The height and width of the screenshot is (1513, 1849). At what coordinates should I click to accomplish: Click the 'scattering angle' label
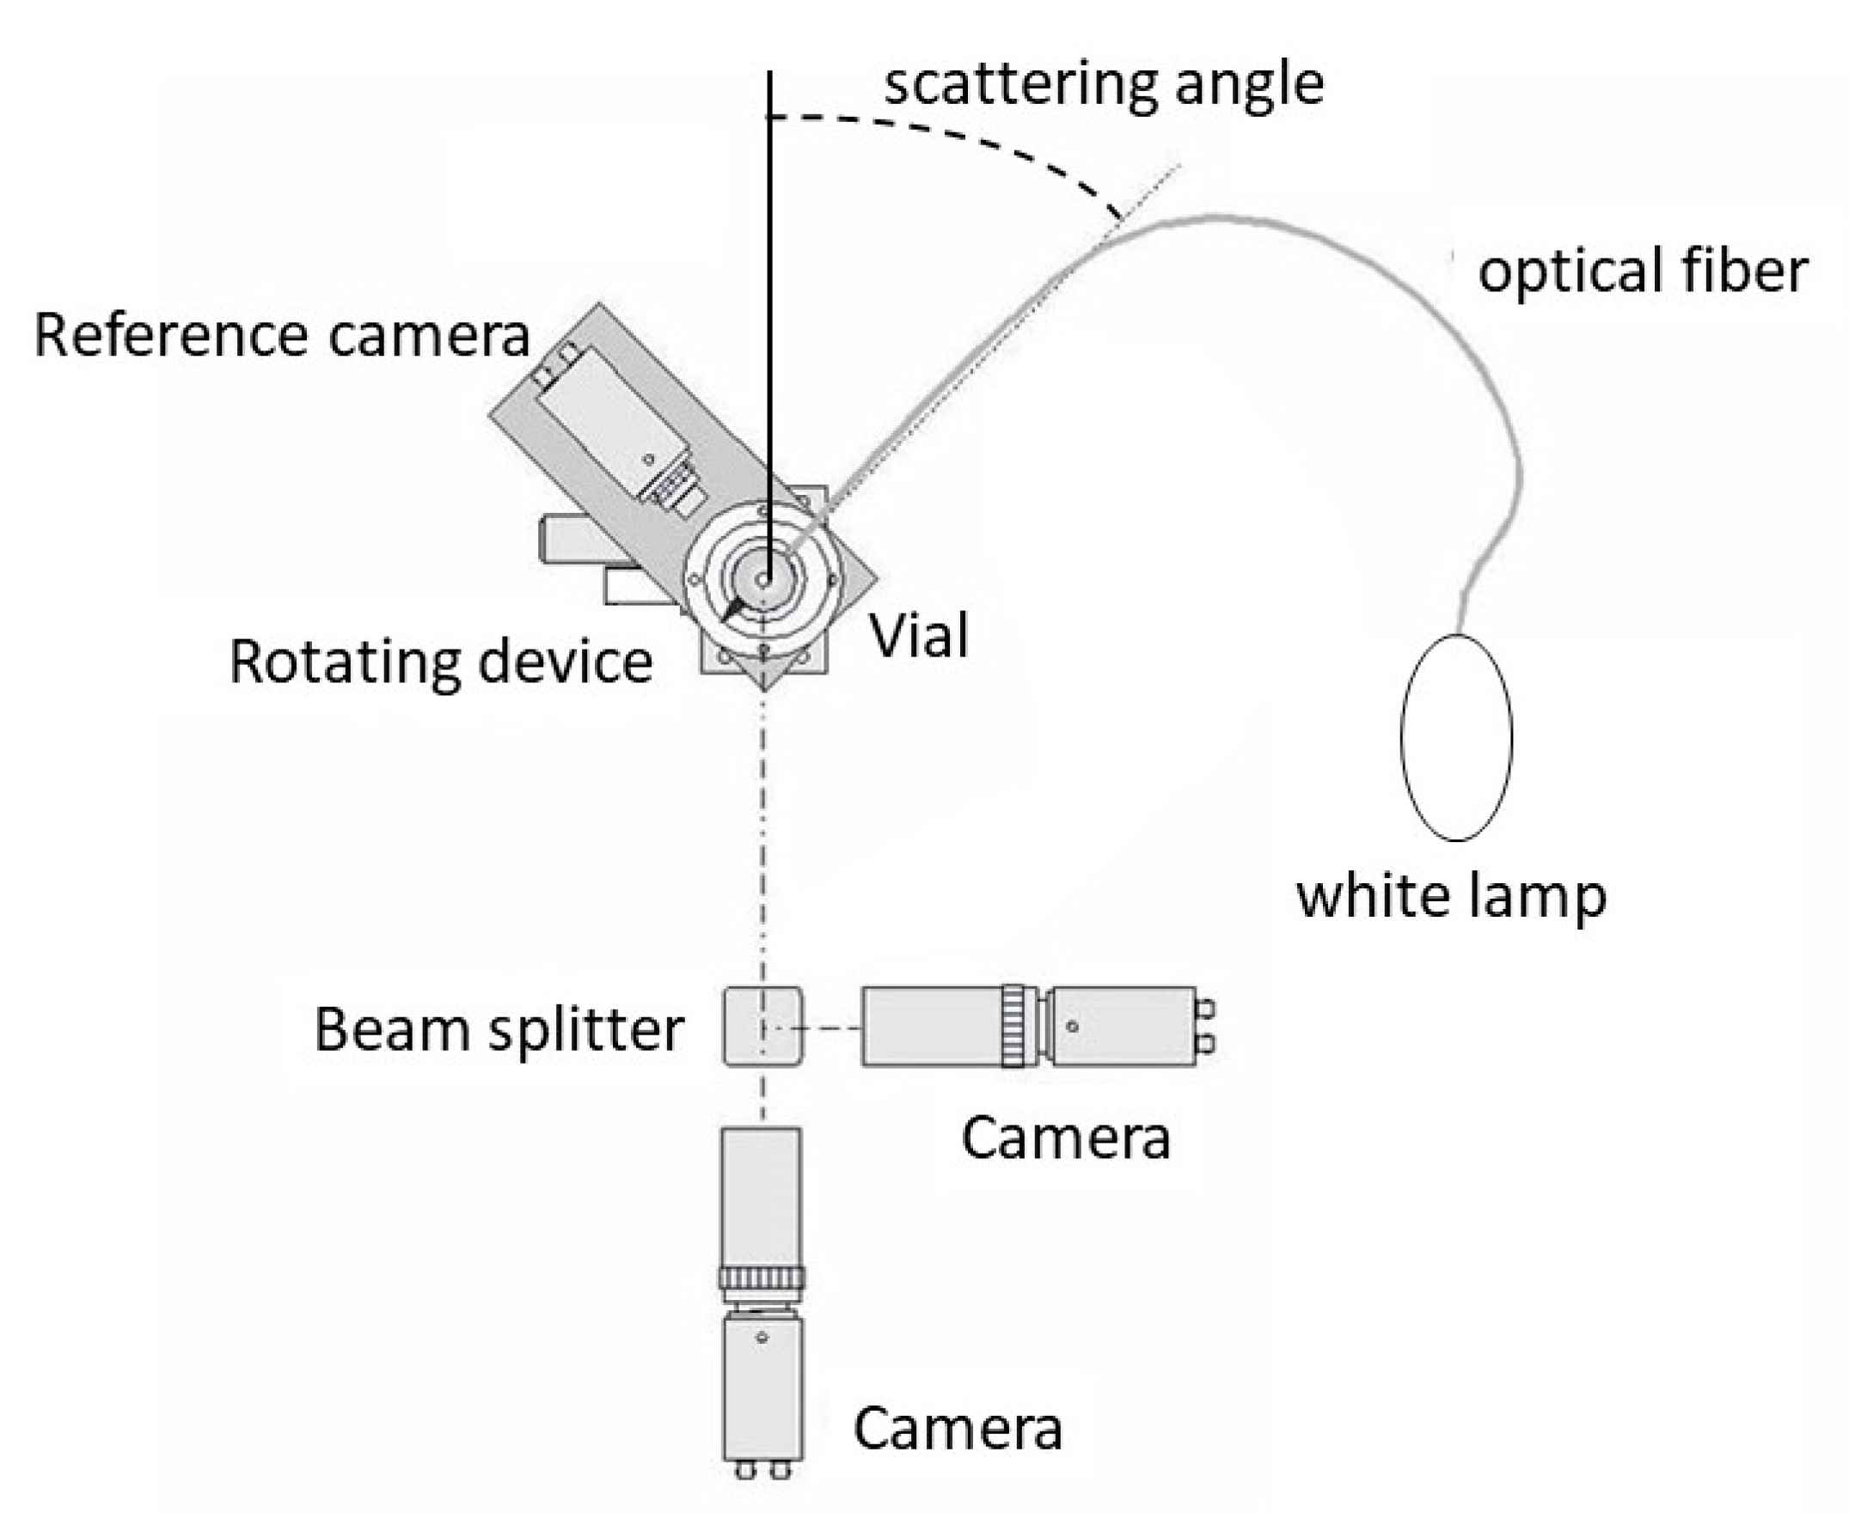(x=1104, y=84)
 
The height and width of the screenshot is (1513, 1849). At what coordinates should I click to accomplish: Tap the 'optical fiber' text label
(x=1643, y=271)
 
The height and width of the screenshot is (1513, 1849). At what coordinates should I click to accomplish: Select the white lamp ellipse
(x=1456, y=737)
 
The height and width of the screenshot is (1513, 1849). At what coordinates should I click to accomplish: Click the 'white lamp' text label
(x=1452, y=896)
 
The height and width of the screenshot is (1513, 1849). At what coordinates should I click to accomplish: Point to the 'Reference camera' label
(x=282, y=336)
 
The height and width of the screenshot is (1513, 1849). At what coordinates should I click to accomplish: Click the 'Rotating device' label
(x=440, y=662)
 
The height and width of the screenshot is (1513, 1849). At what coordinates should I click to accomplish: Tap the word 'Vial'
(x=919, y=637)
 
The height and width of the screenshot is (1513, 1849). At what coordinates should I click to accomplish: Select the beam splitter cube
(x=762, y=1026)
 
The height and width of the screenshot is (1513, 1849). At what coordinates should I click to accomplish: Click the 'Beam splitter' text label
(x=498, y=1030)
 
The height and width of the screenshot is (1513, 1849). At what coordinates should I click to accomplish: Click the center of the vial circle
(x=762, y=580)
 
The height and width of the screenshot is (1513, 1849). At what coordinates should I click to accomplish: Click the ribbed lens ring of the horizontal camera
(x=1013, y=1026)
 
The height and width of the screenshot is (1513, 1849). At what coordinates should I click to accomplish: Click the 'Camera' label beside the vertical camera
(x=958, y=1429)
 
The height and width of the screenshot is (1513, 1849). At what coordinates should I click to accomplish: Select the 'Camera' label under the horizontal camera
(x=1065, y=1138)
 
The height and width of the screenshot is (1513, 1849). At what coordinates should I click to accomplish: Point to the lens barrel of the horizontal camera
(x=931, y=1026)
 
